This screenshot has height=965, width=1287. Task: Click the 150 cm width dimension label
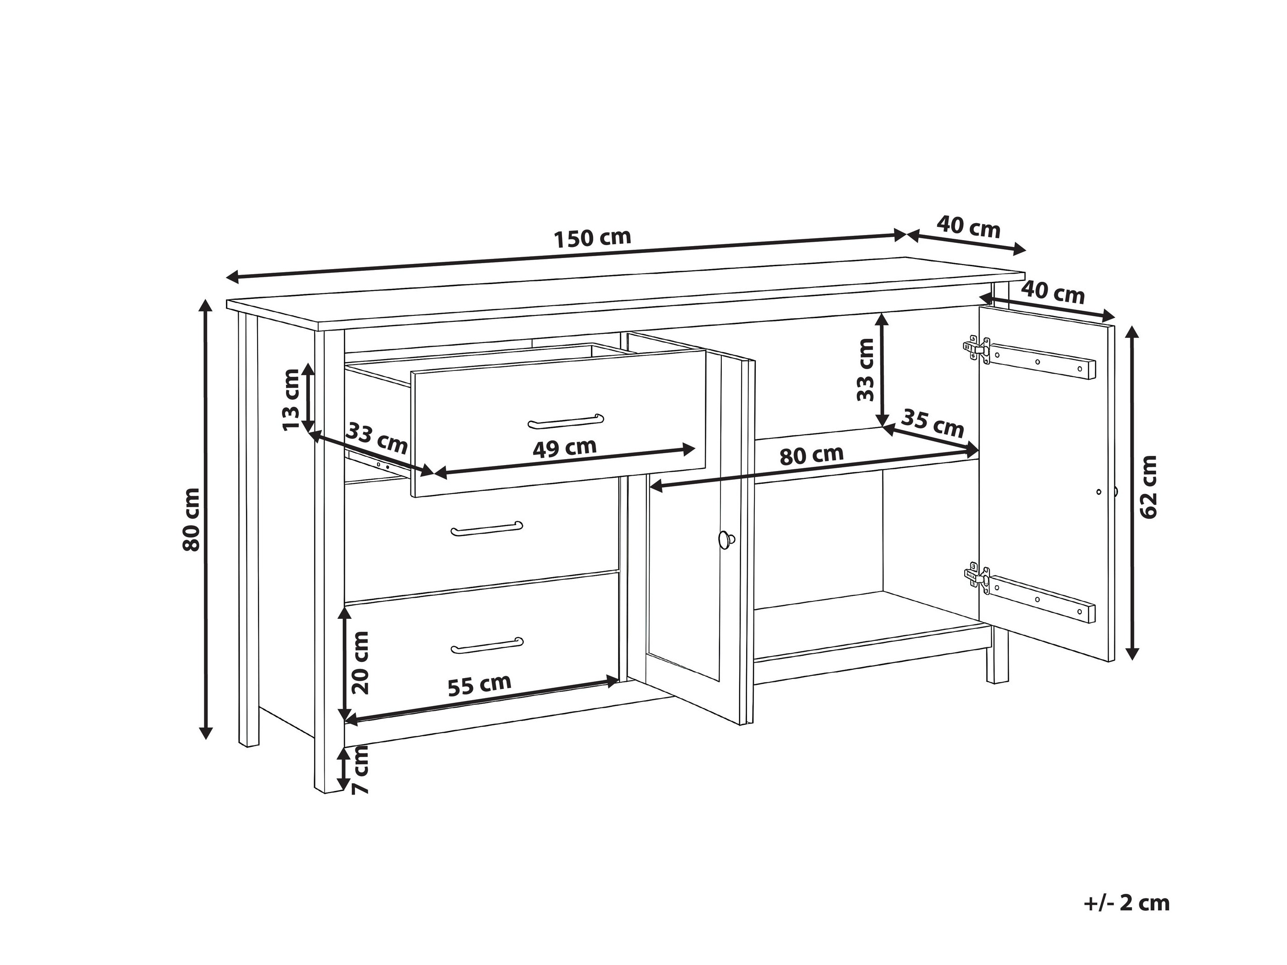[592, 238]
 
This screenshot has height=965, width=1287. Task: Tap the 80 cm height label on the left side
[191, 519]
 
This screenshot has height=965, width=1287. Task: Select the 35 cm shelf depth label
[932, 423]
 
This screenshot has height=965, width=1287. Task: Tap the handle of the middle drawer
[487, 528]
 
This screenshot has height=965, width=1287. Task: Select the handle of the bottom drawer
[487, 645]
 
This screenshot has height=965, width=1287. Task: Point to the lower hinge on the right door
[977, 579]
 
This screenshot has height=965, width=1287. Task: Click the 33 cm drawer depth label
[377, 438]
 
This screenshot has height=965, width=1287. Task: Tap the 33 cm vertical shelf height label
[866, 370]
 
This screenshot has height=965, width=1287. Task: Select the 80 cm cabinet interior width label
[812, 455]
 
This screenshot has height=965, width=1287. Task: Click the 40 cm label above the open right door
[1053, 292]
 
